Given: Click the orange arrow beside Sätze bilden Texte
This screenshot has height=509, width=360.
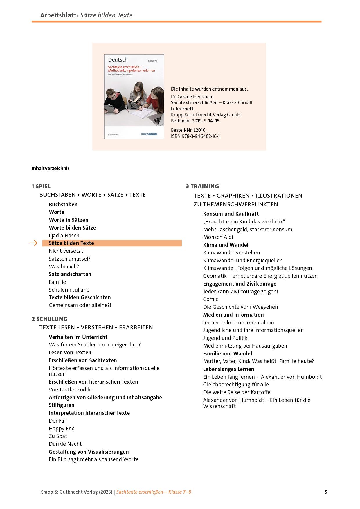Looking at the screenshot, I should coord(34,243).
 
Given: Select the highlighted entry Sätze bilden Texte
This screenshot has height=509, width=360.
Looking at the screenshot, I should coord(71,243).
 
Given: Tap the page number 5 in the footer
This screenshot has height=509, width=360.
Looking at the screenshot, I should coord(326,492).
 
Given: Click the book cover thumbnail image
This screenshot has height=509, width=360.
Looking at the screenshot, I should coord(134,97).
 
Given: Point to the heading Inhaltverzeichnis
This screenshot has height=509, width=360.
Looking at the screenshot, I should coord(51,168).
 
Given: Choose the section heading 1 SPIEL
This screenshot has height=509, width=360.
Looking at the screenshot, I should coord(41,186).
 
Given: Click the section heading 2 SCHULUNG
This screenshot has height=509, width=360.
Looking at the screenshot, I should coord(49,319).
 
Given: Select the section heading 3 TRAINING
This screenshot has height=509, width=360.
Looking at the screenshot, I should coord(202,186).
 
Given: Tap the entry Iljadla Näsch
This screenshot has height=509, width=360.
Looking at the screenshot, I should coord(64,235).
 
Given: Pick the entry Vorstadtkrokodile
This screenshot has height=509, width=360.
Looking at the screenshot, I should coord(70,389).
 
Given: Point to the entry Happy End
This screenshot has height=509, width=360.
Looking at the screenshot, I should coord(62,428).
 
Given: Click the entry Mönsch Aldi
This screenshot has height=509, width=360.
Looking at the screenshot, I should coord(218,237).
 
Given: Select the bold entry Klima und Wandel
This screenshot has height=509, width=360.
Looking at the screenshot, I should coord(226,245).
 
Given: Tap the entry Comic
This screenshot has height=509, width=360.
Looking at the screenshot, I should coord(210,299).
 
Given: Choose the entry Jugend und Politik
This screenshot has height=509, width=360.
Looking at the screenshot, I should coord(225,338).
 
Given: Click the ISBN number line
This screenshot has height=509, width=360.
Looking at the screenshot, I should coord(195,136).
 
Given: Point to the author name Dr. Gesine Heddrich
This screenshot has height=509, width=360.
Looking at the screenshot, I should coord(192,97).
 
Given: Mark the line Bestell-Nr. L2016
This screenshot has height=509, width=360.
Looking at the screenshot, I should coord(188,130).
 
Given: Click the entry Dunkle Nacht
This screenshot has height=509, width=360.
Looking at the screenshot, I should coord(65,444).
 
